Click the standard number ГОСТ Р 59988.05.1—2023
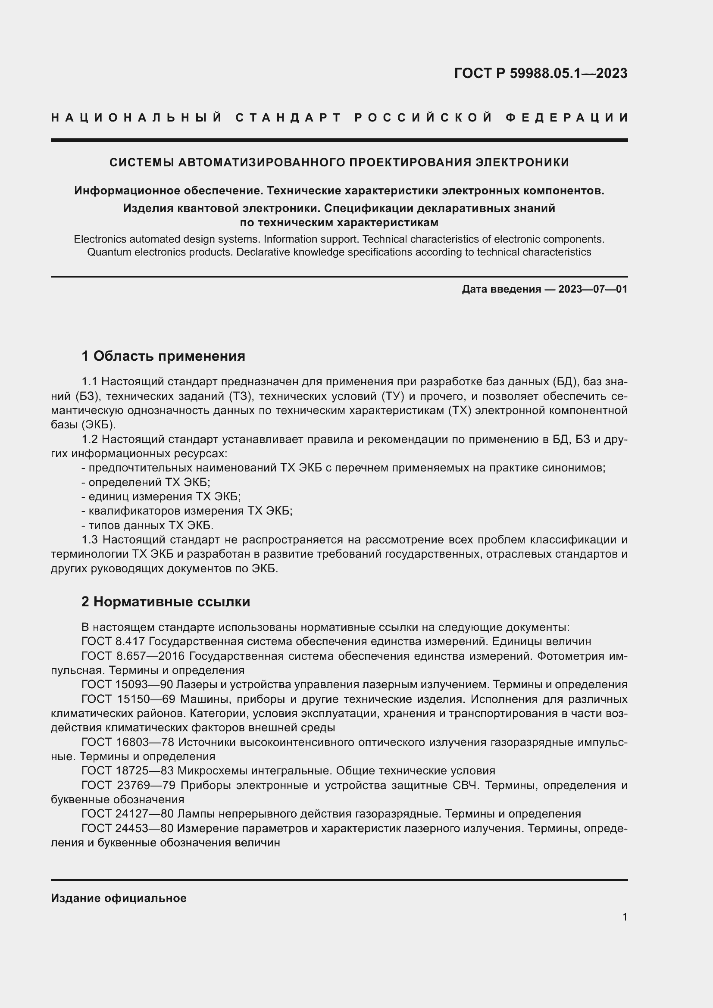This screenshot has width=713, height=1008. pyautogui.click(x=541, y=73)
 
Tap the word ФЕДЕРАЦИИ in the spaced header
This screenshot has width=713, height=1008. pyautogui.click(x=567, y=118)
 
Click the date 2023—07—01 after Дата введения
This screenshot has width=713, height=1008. pyautogui.click(x=593, y=289)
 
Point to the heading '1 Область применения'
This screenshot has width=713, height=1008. pyautogui.click(x=163, y=356)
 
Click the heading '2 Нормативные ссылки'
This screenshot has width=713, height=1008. pyautogui.click(x=166, y=602)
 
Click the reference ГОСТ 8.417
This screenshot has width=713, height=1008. pyautogui.click(x=114, y=641)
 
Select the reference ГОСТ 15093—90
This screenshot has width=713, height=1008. pyautogui.click(x=127, y=684)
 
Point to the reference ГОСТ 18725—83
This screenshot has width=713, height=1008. pyautogui.click(x=127, y=771)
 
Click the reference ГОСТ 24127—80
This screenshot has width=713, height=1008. pyautogui.click(x=127, y=814)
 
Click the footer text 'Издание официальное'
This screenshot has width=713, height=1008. pyautogui.click(x=119, y=898)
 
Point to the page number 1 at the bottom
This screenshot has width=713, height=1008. pyautogui.click(x=625, y=917)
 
